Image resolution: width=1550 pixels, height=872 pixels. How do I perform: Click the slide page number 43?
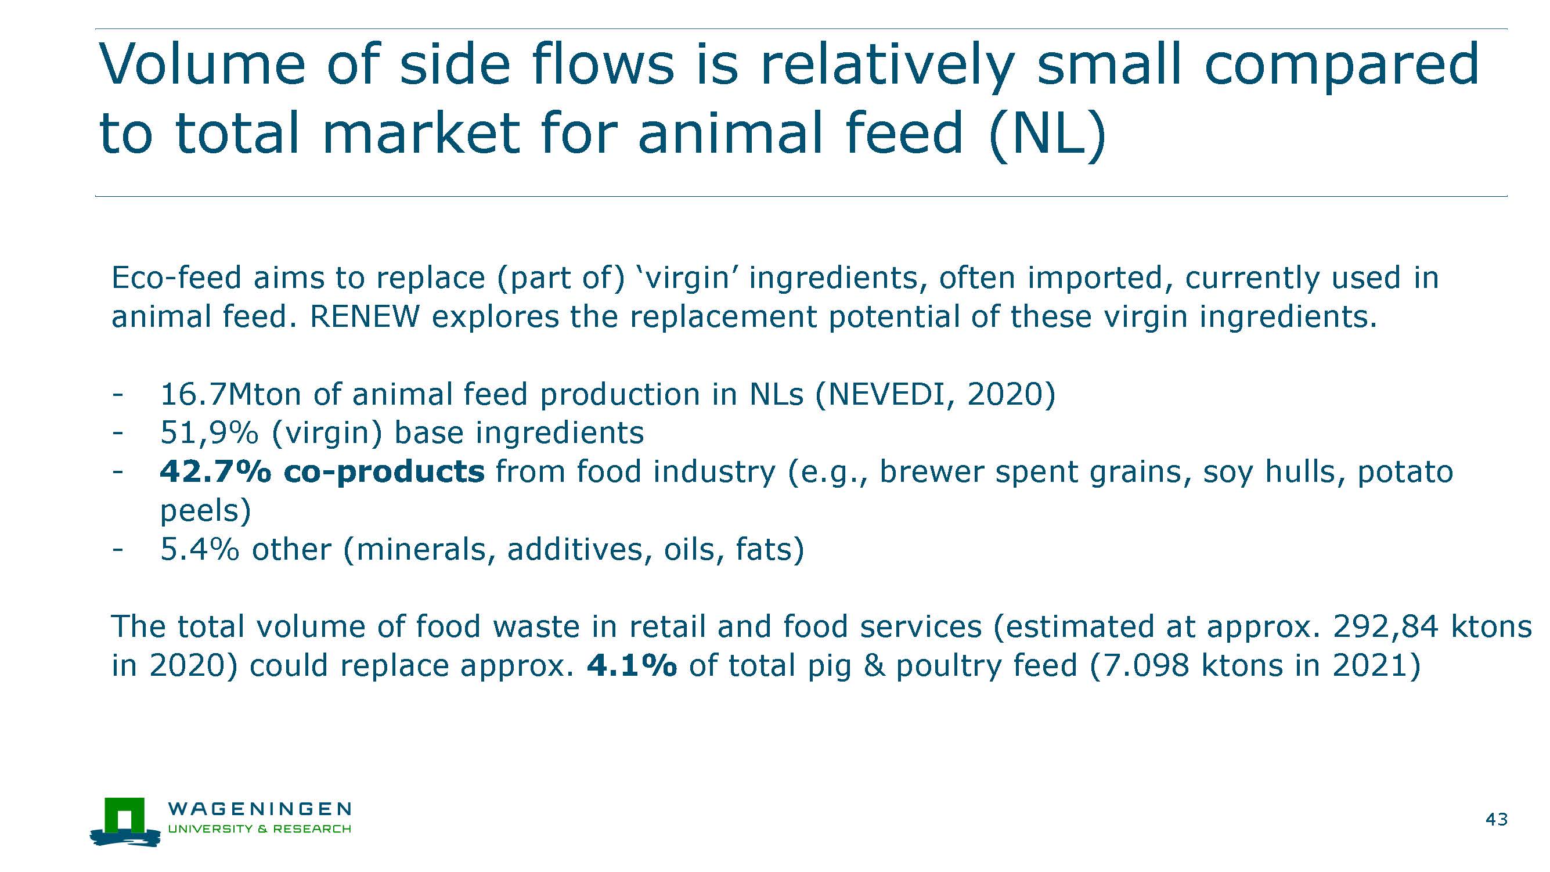[1497, 819]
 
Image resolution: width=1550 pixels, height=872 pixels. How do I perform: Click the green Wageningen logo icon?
[125, 821]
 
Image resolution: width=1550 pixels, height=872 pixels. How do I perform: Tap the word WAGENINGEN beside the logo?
[260, 808]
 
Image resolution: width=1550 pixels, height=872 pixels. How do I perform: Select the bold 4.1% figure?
[631, 665]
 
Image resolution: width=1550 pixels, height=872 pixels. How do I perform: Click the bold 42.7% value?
[215, 471]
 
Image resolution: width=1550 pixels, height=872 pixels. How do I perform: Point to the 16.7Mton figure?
[230, 394]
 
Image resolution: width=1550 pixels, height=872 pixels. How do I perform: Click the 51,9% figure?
[210, 433]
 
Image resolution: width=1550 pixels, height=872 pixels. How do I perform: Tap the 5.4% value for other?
[200, 549]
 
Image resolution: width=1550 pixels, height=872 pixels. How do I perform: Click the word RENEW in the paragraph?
[364, 316]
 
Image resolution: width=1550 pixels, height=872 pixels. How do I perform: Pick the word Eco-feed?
[176, 278]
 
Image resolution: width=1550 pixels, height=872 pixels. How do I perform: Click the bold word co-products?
[384, 471]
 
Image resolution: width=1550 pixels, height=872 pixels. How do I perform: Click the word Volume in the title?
[203, 64]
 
